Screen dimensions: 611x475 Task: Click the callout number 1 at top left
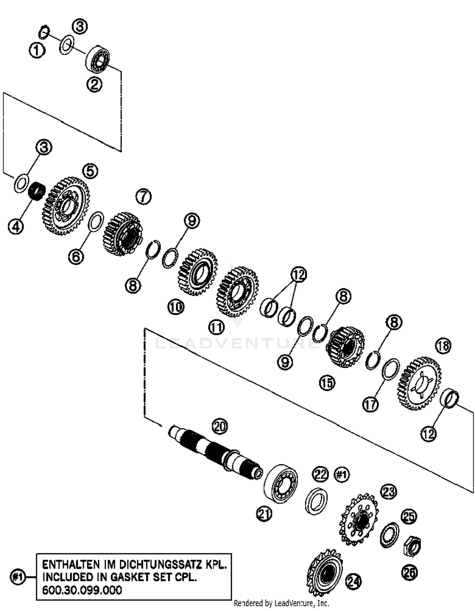pyautogui.click(x=37, y=50)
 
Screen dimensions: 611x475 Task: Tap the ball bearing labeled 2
pyautogui.click(x=98, y=59)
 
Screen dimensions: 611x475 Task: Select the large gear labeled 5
pyautogui.click(x=66, y=206)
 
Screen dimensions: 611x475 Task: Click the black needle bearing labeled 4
pyautogui.click(x=37, y=191)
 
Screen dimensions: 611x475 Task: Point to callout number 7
pyautogui.click(x=143, y=197)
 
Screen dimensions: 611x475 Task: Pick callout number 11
pyautogui.click(x=216, y=327)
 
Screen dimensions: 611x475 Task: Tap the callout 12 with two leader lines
pyautogui.click(x=299, y=274)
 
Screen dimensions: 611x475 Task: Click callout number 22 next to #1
pyautogui.click(x=320, y=474)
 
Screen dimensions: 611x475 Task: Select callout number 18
pyautogui.click(x=443, y=346)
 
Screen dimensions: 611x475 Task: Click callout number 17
pyautogui.click(x=370, y=404)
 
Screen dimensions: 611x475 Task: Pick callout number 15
pyautogui.click(x=327, y=383)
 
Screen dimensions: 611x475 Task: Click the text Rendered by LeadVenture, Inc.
pyautogui.click(x=281, y=603)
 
